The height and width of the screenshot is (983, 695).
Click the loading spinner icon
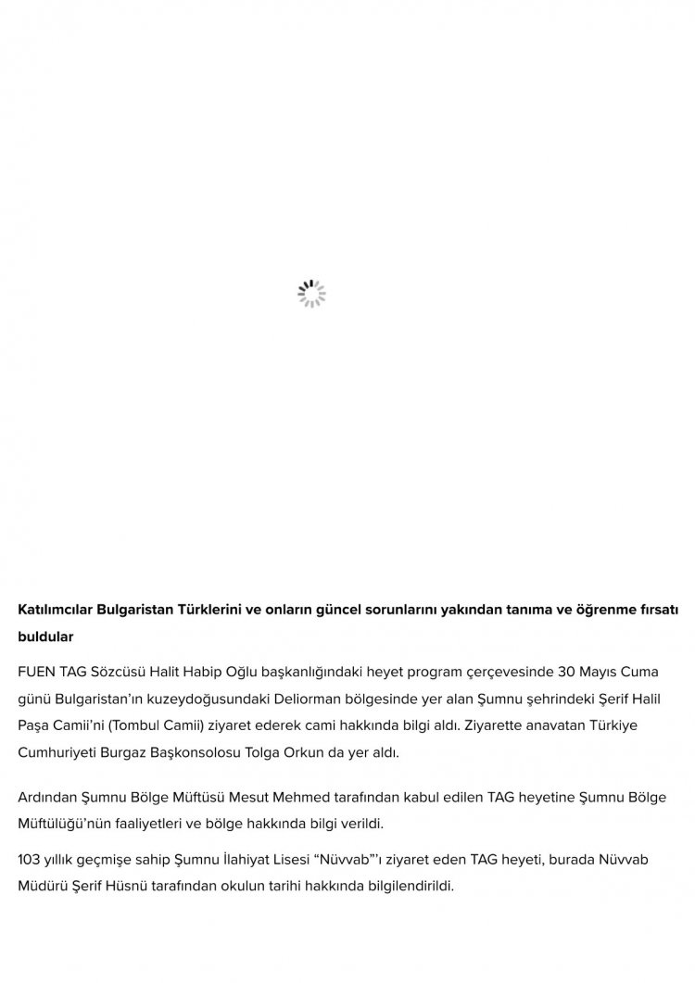tap(311, 294)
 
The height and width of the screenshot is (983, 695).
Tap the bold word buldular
tap(45, 637)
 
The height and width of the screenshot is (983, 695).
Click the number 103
tap(31, 860)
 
